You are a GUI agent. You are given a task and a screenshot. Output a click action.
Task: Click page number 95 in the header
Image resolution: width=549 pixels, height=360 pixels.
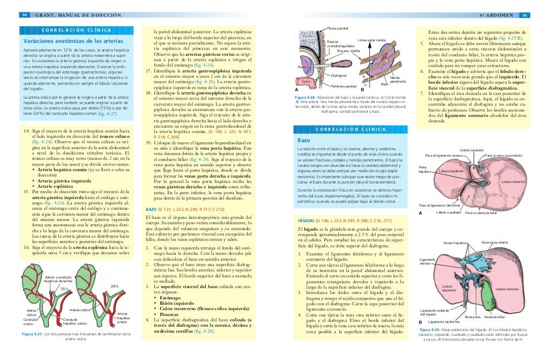(x=525, y=14)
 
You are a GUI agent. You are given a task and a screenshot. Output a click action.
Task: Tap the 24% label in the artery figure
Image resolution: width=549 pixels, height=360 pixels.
(x=114, y=286)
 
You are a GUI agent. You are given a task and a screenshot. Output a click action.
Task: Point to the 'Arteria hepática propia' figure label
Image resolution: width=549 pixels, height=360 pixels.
(x=122, y=318)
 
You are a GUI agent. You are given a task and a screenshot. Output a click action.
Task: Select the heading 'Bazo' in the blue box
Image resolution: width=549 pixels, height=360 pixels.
(x=303, y=141)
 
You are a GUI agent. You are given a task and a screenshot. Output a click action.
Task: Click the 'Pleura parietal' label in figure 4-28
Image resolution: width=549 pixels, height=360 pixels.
(x=338, y=28)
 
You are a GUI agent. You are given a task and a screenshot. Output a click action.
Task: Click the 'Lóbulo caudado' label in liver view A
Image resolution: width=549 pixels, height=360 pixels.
(x=472, y=150)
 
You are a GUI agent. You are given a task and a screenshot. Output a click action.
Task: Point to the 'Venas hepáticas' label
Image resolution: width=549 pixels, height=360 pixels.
(x=455, y=243)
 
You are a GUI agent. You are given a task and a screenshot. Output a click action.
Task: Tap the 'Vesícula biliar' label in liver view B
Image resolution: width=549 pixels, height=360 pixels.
(x=494, y=317)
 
